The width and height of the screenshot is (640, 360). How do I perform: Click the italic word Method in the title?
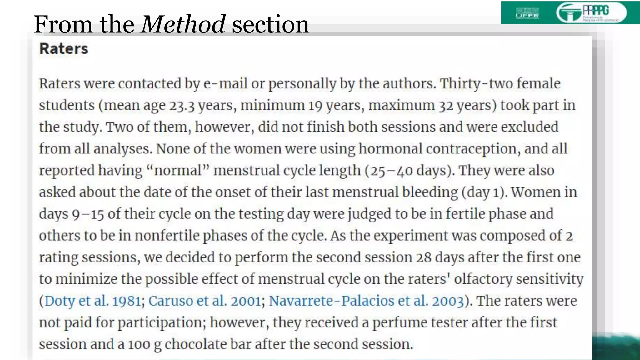coord(183,24)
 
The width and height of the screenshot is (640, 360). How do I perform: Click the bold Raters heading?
coord(64,49)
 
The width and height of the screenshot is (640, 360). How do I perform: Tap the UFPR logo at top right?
coord(527,13)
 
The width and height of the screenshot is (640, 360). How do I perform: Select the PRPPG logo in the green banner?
coord(591,13)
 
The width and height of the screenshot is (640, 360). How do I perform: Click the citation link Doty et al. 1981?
coord(93,301)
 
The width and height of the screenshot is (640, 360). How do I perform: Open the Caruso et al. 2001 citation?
coord(204,301)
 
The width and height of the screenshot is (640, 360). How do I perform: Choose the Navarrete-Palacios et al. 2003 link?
coord(366,301)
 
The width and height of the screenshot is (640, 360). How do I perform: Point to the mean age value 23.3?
coord(182,105)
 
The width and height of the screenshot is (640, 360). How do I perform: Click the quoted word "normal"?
coord(178,171)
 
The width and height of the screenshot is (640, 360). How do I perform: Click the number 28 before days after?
coord(423,257)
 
